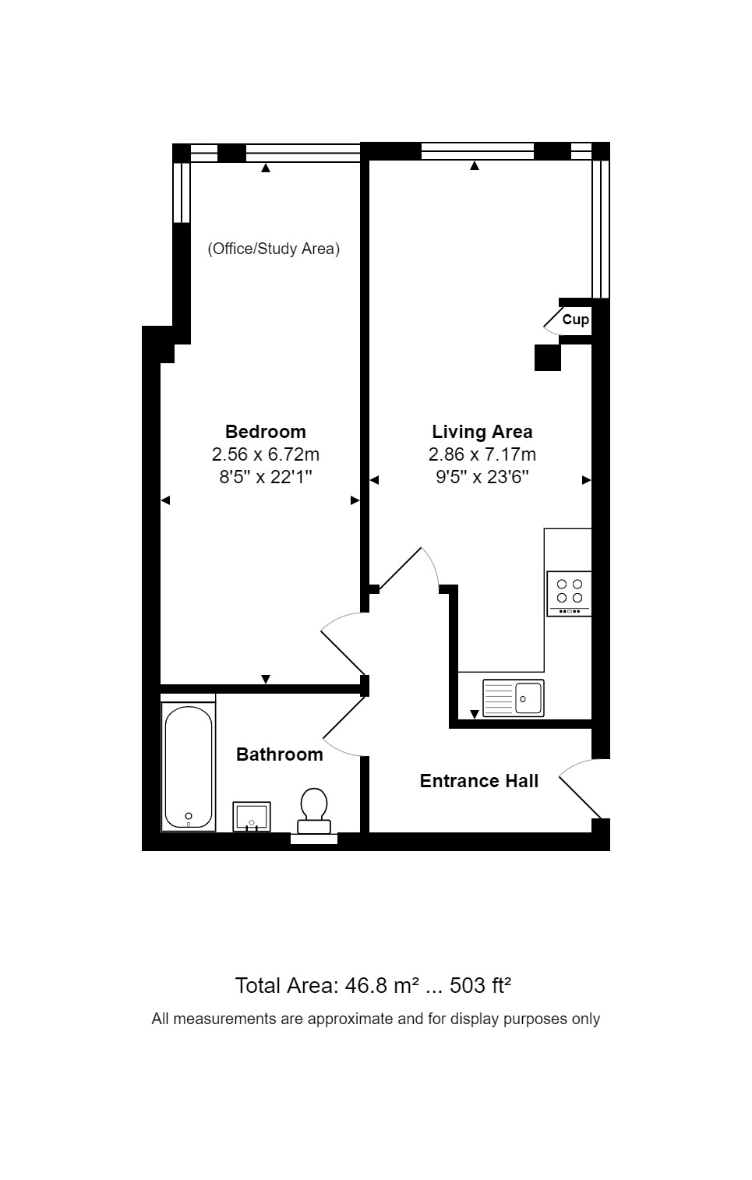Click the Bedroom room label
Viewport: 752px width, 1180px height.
pyautogui.click(x=265, y=432)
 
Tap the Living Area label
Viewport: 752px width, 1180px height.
pyautogui.click(x=482, y=432)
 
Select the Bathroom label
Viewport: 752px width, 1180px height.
pyautogui.click(x=279, y=754)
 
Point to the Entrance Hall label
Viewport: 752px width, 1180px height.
pyautogui.click(x=478, y=781)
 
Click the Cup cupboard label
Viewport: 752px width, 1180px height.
pyautogui.click(x=575, y=320)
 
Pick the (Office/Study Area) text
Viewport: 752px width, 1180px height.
pyautogui.click(x=273, y=249)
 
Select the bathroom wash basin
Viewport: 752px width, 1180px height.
pyautogui.click(x=252, y=816)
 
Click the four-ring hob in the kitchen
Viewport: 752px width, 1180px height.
pyautogui.click(x=569, y=593)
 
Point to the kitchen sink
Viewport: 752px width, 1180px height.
pyautogui.click(x=514, y=698)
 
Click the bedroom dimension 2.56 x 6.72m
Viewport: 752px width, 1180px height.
pyautogui.click(x=265, y=454)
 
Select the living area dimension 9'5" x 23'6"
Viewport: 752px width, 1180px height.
pyautogui.click(x=482, y=477)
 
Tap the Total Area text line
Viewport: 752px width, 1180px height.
pyautogui.click(x=372, y=986)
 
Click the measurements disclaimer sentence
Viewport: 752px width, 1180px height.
pyautogui.click(x=376, y=1019)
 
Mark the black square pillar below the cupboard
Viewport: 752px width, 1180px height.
pyautogui.click(x=547, y=357)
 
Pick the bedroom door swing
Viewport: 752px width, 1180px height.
pyautogui.click(x=341, y=641)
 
